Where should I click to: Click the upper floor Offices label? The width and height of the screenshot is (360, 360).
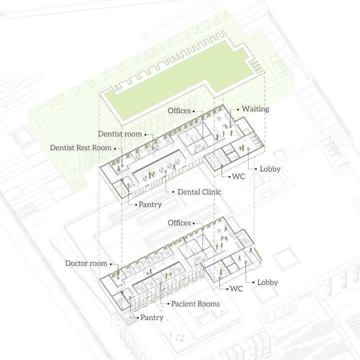179,110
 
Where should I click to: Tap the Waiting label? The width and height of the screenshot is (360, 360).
255,109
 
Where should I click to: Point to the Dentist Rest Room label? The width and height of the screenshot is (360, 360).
81,147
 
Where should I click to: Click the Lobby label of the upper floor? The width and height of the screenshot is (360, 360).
270,169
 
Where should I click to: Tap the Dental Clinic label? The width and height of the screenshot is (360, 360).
199,191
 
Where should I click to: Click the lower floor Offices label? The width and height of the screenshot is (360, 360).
179,222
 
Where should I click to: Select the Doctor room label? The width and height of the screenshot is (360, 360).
86,263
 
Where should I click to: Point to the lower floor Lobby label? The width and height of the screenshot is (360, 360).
267,282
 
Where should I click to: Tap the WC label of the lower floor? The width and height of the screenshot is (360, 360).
236,289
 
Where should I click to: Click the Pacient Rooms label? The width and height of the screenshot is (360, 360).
195,303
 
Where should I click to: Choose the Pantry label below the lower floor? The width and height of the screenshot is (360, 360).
151,317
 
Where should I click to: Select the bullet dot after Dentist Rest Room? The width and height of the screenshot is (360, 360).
116,147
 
